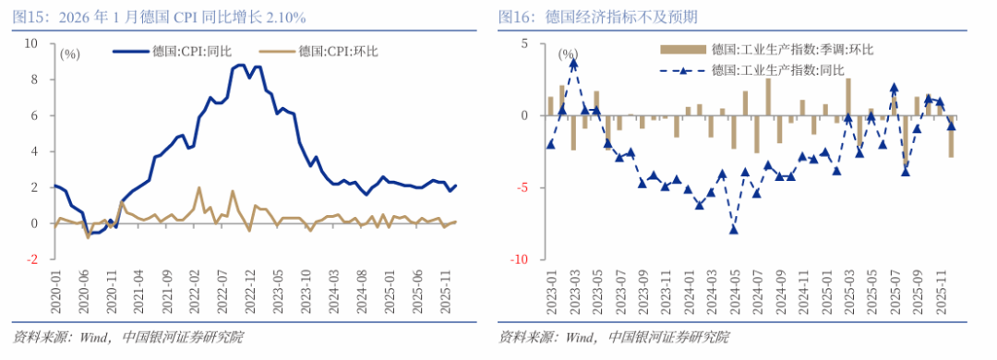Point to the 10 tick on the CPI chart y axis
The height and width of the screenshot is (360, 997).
30,43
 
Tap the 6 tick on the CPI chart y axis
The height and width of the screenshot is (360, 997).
34,115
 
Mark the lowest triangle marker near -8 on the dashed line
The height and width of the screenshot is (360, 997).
734,229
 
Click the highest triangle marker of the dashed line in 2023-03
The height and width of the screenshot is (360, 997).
573,64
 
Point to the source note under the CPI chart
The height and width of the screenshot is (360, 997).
128,337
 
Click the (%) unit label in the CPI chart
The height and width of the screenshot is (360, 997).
70,54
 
